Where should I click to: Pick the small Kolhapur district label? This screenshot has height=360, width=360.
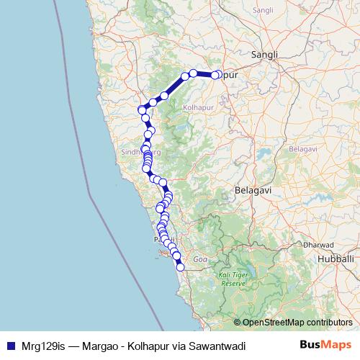coord(196,107)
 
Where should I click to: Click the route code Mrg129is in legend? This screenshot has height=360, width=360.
coord(40,346)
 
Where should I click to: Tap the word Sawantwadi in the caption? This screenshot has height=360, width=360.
coord(217,346)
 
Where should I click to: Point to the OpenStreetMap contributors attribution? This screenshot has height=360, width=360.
coord(297,323)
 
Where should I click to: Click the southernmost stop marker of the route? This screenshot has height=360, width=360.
coord(180,267)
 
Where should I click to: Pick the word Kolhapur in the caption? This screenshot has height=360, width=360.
coord(150,346)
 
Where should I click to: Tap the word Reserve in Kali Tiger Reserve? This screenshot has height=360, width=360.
coord(233,284)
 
